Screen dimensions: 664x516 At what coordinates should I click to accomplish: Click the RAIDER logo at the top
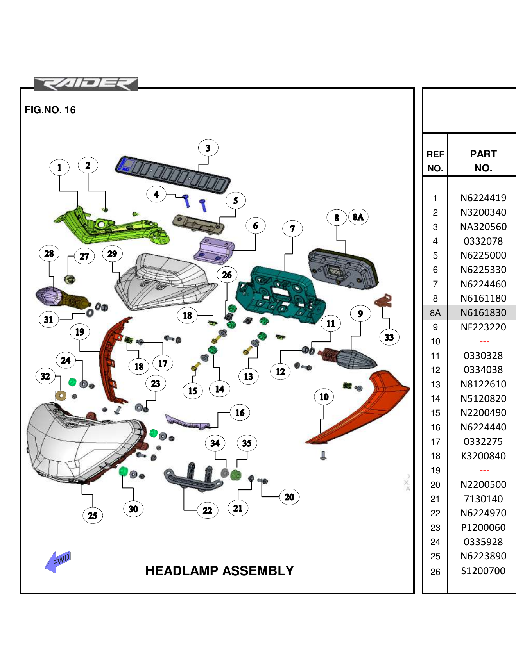click(86, 84)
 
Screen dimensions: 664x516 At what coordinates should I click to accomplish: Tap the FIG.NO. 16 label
click(50, 110)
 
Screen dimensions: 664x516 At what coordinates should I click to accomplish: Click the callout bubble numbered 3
click(208, 148)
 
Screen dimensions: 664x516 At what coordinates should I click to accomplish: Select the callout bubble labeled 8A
click(358, 217)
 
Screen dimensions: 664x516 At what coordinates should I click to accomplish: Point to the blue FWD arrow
click(58, 561)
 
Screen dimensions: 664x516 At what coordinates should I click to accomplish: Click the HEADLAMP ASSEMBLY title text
click(219, 571)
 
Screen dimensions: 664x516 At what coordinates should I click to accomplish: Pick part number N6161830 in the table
click(483, 312)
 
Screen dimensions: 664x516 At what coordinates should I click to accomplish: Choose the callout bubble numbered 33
click(389, 337)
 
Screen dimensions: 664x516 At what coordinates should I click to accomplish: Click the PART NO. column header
click(483, 161)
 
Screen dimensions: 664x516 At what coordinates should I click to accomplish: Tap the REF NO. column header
click(435, 161)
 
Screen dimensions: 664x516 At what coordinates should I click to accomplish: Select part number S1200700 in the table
click(483, 571)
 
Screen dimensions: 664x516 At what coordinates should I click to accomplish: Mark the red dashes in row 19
click(484, 470)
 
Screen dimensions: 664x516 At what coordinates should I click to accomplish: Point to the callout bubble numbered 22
click(208, 510)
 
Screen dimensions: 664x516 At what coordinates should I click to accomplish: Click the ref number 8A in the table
click(435, 313)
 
